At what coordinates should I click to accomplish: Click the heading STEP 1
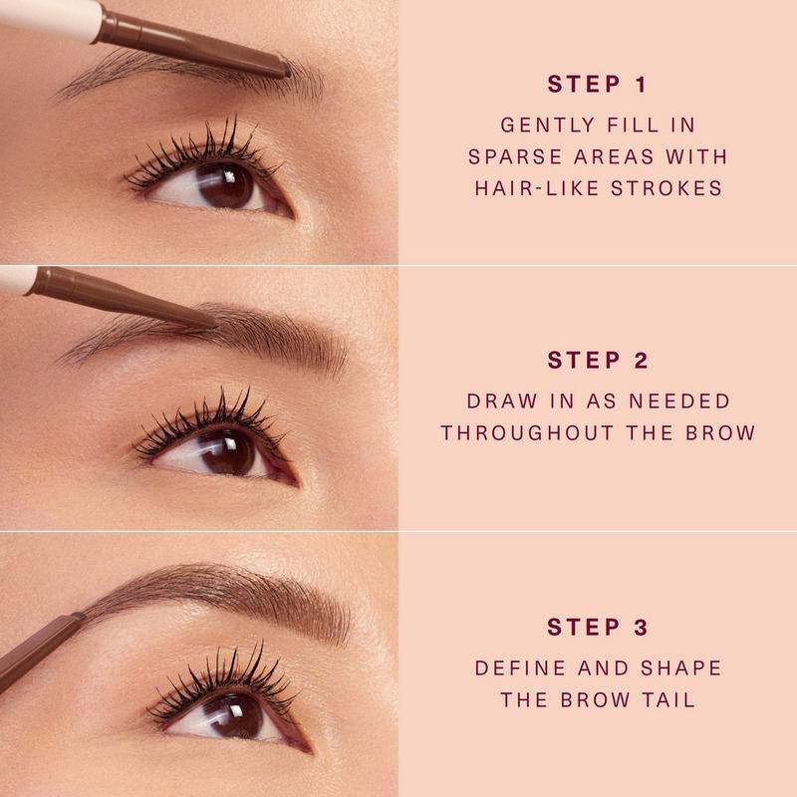coord(597,85)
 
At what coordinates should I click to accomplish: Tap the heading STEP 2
coord(598,361)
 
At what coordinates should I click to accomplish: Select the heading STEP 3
coord(598,627)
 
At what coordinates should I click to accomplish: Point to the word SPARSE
coord(515,156)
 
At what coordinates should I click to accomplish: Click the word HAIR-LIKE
coord(538,188)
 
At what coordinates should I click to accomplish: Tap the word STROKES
coord(666,188)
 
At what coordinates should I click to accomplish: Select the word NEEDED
coord(679,401)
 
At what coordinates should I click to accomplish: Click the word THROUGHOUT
coord(528,433)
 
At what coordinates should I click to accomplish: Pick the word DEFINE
coord(520,667)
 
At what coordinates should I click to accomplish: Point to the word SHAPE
coord(681,667)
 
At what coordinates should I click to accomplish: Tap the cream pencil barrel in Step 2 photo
coord(17,280)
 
